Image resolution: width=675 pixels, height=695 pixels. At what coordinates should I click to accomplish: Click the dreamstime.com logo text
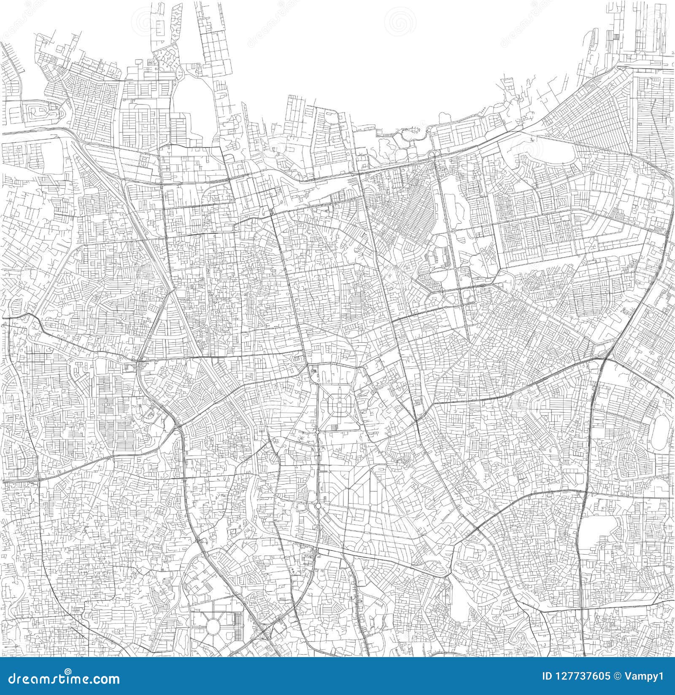[61, 679]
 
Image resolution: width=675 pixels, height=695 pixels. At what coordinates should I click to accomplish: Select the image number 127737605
[582, 677]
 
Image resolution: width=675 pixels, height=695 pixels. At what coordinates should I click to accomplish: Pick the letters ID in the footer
[547, 677]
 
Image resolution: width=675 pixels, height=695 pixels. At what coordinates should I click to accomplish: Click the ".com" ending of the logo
[105, 679]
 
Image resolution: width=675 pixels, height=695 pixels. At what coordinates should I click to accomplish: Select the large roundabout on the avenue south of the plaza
[318, 505]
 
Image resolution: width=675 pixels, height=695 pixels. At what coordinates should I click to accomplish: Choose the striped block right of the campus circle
[238, 627]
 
